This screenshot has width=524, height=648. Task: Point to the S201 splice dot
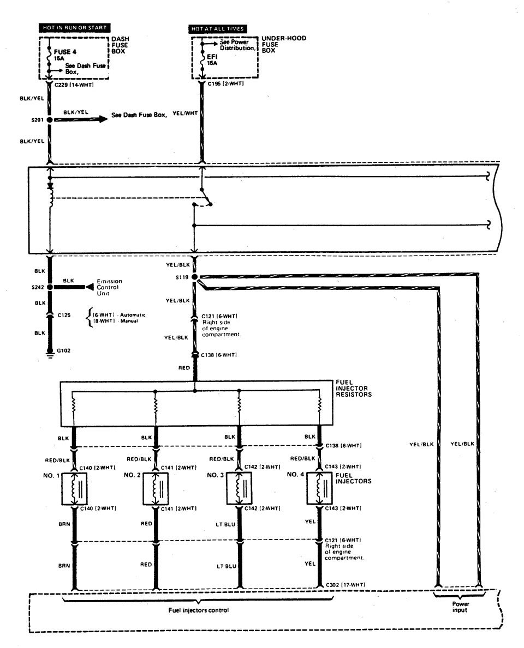coord(50,120)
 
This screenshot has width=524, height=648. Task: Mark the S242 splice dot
coord(50,287)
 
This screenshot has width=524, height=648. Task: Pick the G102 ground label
coord(65,351)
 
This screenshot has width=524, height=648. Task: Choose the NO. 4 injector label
coord(296,475)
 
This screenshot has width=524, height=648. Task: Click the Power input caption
coord(459,607)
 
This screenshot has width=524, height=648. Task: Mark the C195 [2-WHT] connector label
coord(225,84)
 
